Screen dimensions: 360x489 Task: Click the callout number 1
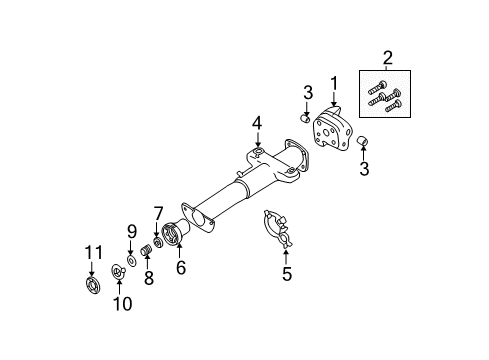(335, 83)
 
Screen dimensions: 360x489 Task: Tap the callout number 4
(256, 123)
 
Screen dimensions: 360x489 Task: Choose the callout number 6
(180, 268)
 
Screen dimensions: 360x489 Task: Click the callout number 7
(157, 212)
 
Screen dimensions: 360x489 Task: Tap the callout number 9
(130, 232)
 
